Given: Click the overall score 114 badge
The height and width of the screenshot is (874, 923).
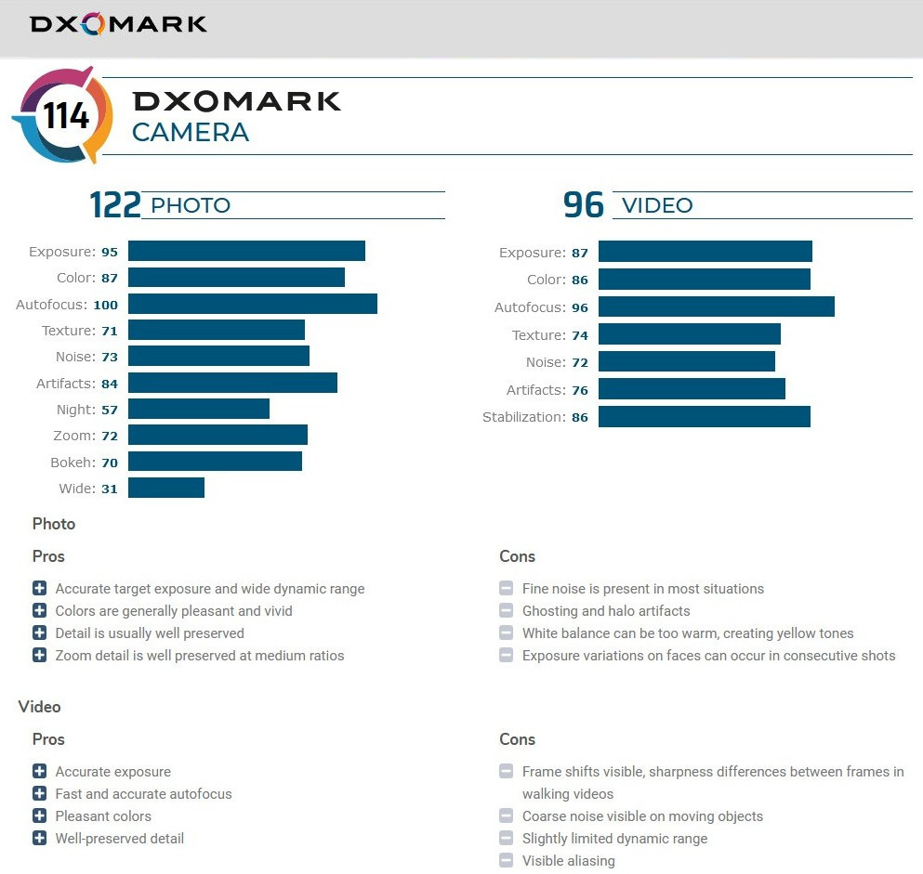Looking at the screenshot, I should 63,116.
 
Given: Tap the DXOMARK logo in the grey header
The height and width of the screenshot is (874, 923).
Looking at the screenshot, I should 118,24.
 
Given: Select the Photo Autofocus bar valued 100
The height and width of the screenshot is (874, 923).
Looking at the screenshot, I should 252,304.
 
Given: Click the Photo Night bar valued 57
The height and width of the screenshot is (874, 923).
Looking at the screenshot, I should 198,410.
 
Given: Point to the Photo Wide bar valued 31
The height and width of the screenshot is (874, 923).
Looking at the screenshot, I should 165,489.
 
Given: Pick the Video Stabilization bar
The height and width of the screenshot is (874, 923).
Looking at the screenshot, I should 704,417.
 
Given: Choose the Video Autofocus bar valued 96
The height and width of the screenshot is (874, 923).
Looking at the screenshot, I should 716,307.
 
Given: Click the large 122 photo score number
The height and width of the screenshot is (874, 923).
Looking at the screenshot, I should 114,205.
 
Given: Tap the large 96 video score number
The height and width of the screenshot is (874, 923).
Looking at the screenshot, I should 583,205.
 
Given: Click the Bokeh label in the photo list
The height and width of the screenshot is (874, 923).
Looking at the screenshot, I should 72,462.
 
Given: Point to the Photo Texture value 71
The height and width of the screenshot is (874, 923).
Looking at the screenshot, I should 110,331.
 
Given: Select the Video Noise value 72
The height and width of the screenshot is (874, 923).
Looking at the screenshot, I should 580,362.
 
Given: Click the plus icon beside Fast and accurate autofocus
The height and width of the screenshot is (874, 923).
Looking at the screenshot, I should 39,794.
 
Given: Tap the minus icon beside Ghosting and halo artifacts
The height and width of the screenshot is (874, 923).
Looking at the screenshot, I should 506,611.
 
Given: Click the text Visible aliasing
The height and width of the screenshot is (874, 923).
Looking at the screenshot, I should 568,861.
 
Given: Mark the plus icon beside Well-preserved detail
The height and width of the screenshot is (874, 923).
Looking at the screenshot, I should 39,839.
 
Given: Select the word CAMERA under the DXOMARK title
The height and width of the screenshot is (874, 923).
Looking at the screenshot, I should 191,133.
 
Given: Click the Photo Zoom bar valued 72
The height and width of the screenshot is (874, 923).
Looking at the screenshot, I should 218,436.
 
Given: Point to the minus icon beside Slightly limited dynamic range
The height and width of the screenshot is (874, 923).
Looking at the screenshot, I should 506,839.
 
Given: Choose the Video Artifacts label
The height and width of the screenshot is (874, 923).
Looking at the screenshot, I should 534,390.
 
